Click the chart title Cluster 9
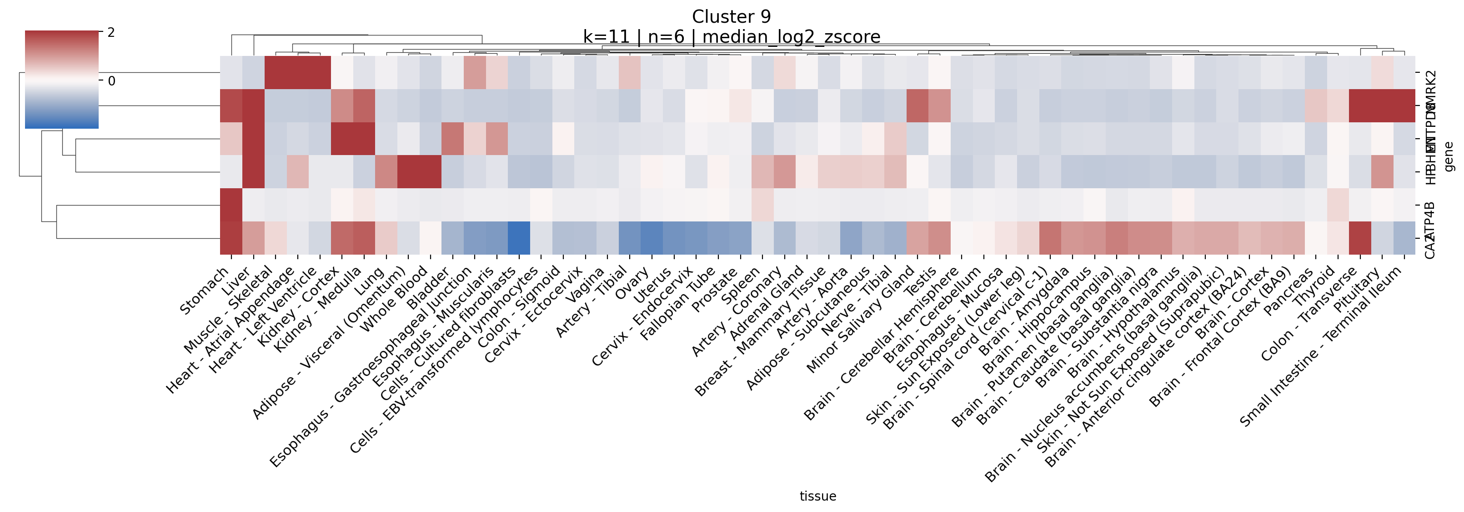731,17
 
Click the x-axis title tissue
817,496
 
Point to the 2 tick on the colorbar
111,33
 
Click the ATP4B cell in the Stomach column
231,205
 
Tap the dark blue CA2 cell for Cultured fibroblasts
519,237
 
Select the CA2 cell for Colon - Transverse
1359,237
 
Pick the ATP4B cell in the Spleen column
762,205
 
